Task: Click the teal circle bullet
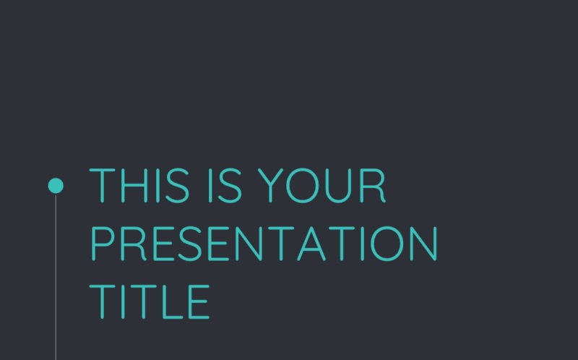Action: click(56, 186)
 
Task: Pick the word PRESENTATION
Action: click(264, 244)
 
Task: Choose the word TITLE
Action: click(150, 301)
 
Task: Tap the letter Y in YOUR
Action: click(268, 186)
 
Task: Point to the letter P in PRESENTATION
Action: click(102, 244)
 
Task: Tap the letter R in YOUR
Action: click(373, 186)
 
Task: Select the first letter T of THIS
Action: click(101, 186)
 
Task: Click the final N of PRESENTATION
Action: click(423, 244)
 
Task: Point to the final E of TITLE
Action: click(197, 301)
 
